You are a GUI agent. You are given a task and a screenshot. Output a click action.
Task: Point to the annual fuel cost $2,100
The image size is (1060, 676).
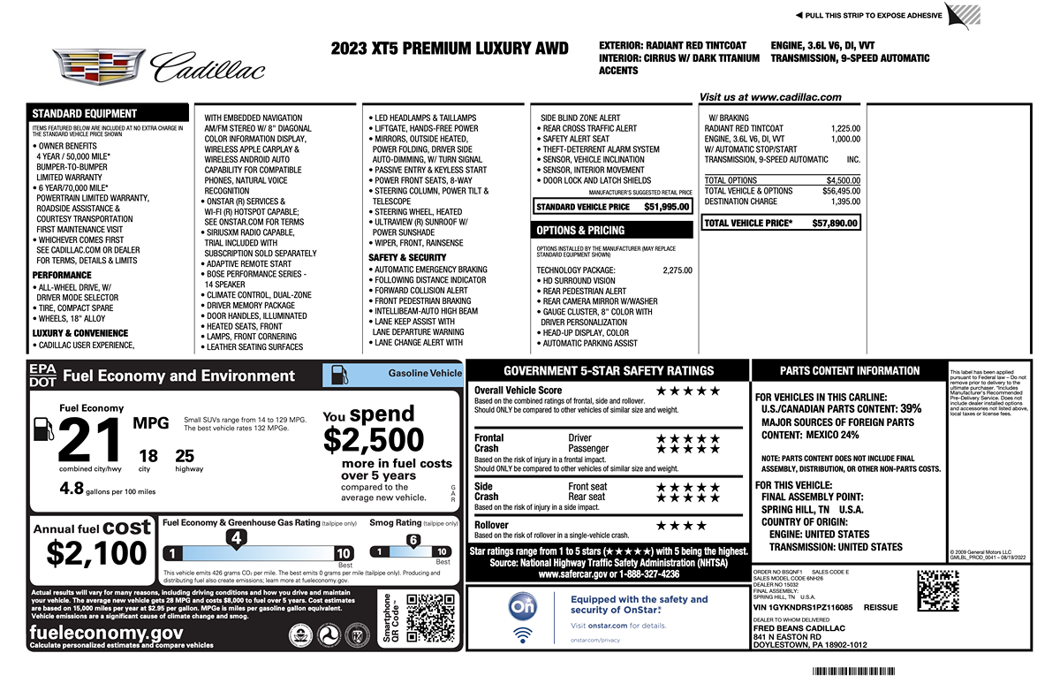click(x=96, y=553)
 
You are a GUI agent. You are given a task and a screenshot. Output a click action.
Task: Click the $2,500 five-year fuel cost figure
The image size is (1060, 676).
click(x=374, y=439)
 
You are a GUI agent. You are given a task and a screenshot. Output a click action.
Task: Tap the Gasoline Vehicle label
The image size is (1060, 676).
click(x=425, y=374)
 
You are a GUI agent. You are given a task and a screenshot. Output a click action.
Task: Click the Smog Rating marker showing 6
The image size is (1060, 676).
click(x=413, y=540)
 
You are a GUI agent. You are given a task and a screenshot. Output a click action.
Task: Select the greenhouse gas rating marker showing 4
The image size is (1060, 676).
click(x=235, y=537)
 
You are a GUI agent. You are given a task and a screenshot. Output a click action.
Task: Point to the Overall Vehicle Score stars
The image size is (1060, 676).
click(x=688, y=391)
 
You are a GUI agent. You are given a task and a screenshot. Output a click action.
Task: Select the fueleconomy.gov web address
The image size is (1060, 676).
click(x=107, y=633)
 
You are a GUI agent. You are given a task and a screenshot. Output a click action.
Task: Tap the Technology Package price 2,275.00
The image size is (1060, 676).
click(x=677, y=270)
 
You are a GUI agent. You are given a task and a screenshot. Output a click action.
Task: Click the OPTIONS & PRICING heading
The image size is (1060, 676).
click(x=580, y=231)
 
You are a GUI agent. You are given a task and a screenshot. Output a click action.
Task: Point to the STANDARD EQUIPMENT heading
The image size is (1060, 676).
click(x=85, y=113)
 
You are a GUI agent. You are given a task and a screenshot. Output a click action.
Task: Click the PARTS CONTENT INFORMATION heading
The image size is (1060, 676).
click(x=849, y=371)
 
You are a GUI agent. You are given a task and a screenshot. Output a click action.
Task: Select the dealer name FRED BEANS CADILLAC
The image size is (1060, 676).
click(x=799, y=628)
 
